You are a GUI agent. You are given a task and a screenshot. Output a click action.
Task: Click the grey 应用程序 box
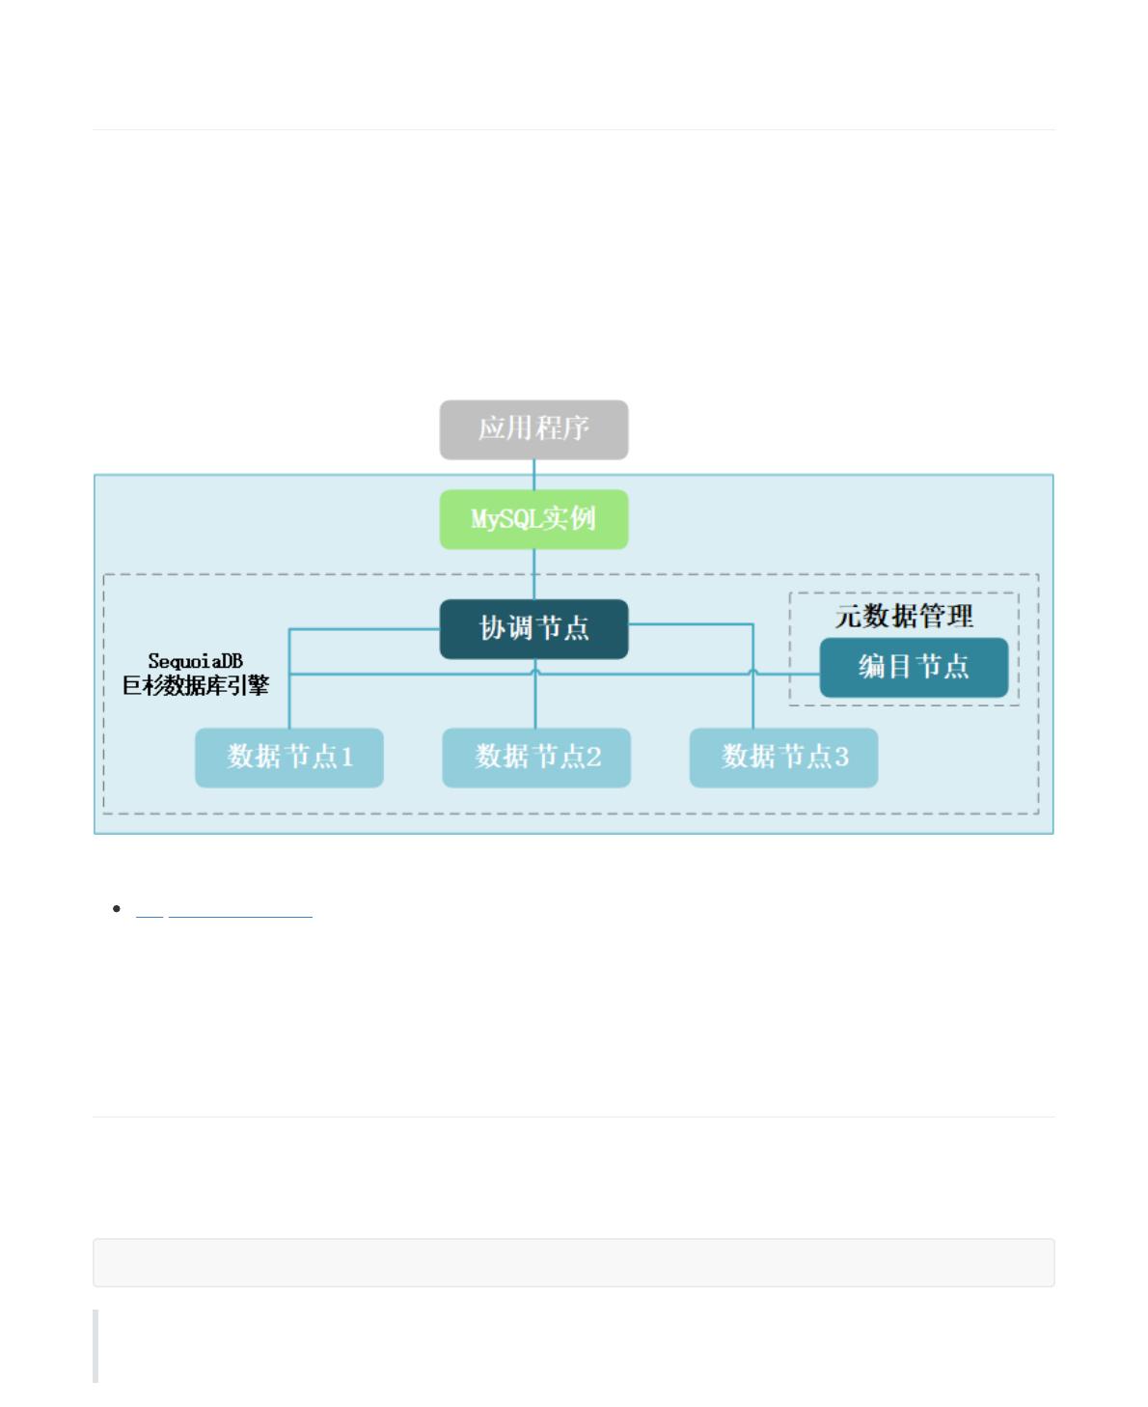point(533,429)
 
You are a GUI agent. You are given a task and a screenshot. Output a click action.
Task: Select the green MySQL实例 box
point(533,519)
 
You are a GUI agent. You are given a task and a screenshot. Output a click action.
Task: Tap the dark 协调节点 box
point(533,629)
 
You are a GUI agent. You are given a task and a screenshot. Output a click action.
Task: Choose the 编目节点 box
point(914,667)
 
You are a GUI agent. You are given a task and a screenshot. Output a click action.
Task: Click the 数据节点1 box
point(289,758)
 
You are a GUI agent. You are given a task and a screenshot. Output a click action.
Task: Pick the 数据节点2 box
point(536,758)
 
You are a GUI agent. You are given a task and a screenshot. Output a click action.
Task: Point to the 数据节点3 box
point(783,758)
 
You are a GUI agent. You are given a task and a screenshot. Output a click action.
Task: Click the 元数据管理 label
point(904,616)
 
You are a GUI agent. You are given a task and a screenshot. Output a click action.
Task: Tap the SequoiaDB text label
point(195,662)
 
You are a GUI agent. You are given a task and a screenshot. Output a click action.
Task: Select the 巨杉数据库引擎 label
point(195,686)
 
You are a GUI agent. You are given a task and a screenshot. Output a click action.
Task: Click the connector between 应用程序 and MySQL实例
point(534,474)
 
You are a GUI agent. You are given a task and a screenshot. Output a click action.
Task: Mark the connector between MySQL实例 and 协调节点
point(534,574)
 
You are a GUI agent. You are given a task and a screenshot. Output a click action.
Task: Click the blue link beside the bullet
point(225,910)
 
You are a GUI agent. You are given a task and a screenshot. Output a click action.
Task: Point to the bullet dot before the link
point(117,909)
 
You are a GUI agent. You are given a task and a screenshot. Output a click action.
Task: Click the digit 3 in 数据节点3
point(842,758)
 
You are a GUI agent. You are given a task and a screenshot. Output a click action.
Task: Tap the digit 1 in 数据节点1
point(347,758)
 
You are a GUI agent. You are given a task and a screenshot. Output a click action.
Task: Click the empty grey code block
point(573,1262)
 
